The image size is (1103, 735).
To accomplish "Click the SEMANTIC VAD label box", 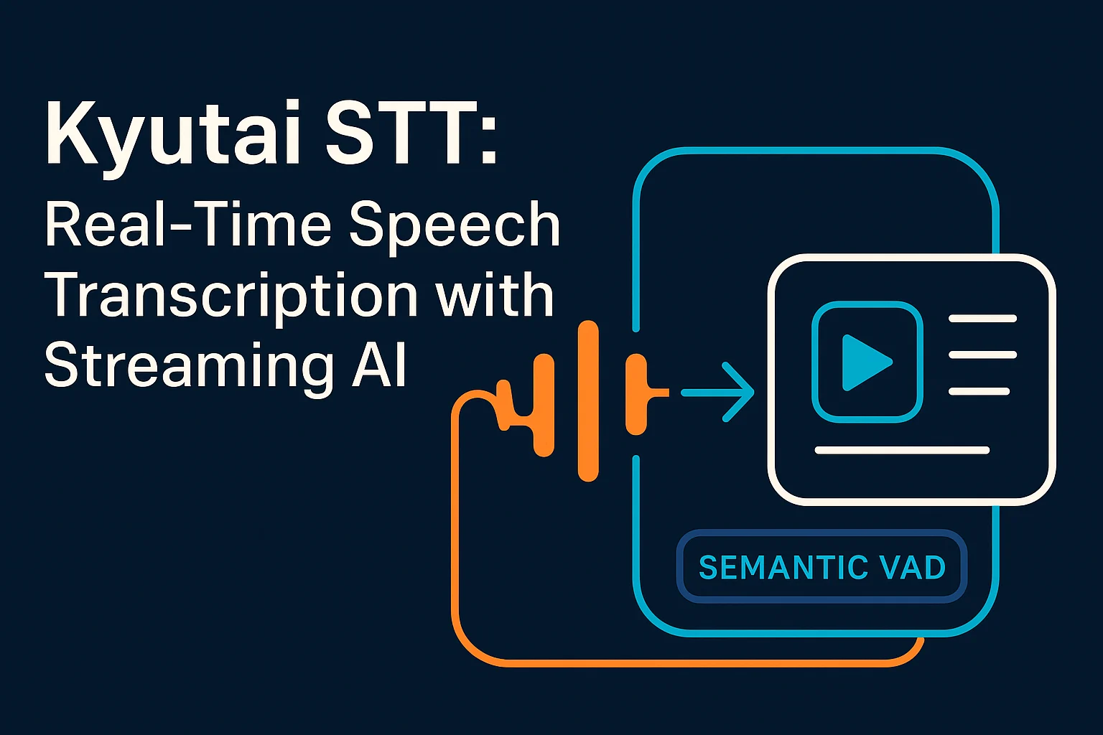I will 822,567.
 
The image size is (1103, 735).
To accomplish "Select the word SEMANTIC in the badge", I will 773,568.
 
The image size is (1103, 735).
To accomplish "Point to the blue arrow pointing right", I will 718,392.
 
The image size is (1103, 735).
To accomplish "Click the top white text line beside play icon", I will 982,318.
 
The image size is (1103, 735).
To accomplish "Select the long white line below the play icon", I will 902,450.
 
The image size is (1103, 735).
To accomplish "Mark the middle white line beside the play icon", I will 982,355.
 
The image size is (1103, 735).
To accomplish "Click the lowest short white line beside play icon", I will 979,391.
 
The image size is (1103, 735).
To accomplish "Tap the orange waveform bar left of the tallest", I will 544,406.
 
